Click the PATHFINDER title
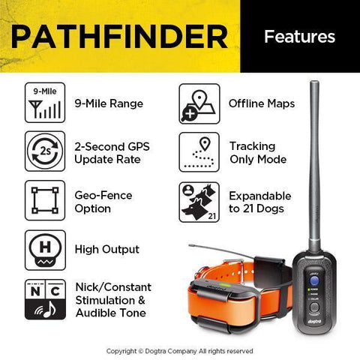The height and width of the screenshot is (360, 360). click(x=120, y=36)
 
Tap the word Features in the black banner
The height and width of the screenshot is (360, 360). click(x=300, y=36)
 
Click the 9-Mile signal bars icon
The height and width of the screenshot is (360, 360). click(x=46, y=103)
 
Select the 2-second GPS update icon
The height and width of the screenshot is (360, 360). click(x=46, y=151)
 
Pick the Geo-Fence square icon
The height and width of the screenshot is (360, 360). click(x=46, y=200)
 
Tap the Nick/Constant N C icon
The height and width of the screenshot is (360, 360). click(x=46, y=298)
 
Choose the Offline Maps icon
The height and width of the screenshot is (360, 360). click(x=199, y=103)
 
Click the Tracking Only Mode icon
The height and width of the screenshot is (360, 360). click(x=199, y=151)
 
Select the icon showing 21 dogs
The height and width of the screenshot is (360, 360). click(x=199, y=200)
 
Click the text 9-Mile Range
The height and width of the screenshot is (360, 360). click(x=109, y=103)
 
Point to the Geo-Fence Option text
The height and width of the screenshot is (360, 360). click(x=103, y=200)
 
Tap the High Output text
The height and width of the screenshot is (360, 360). click(x=106, y=249)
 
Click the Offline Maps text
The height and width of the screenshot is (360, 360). click(x=261, y=103)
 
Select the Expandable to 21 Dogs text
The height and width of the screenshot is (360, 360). click(x=256, y=200)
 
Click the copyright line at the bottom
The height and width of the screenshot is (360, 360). click(x=180, y=350)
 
